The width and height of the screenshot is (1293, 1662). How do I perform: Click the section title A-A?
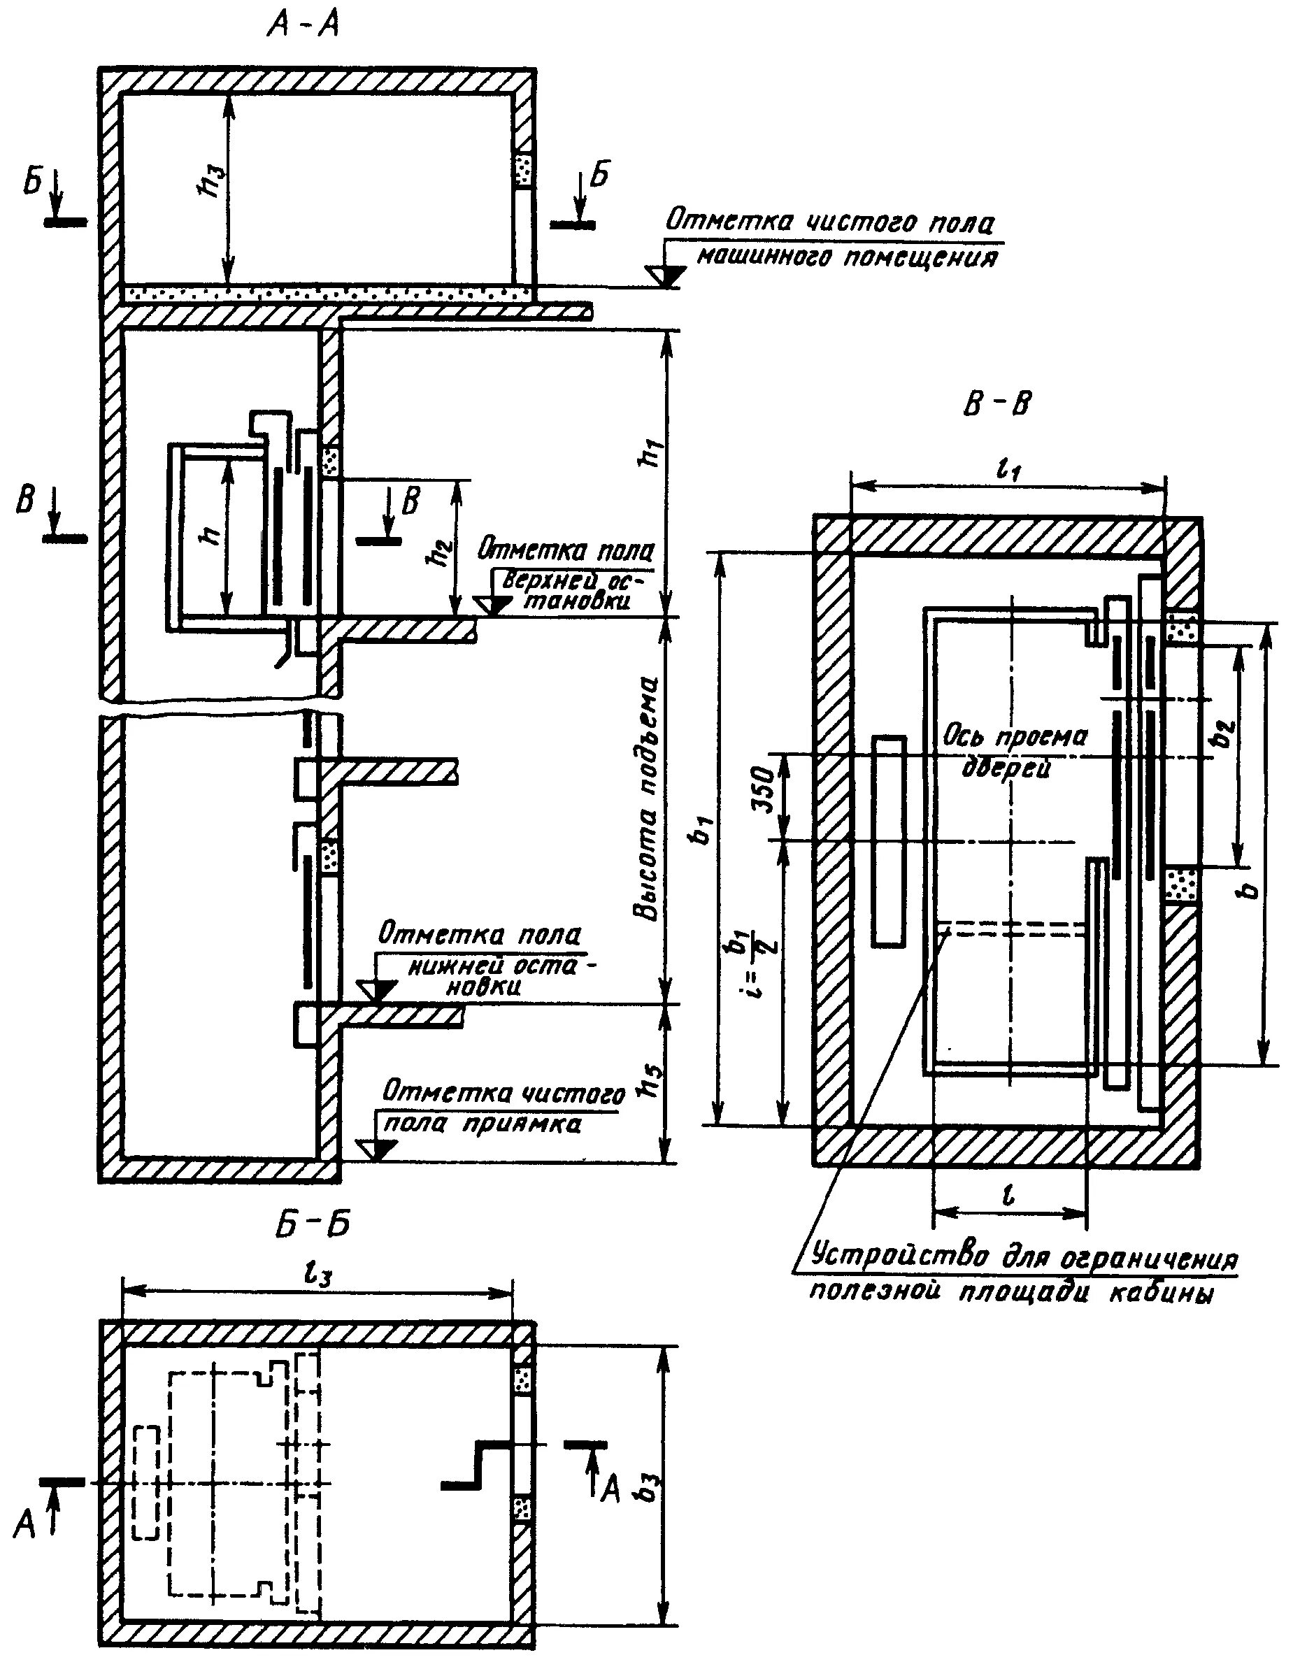[x=302, y=27]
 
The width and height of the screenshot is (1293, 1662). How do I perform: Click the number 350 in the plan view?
[x=766, y=791]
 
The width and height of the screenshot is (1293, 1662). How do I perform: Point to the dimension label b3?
[x=649, y=1491]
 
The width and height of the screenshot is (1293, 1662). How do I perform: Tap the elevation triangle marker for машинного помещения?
[x=664, y=277]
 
